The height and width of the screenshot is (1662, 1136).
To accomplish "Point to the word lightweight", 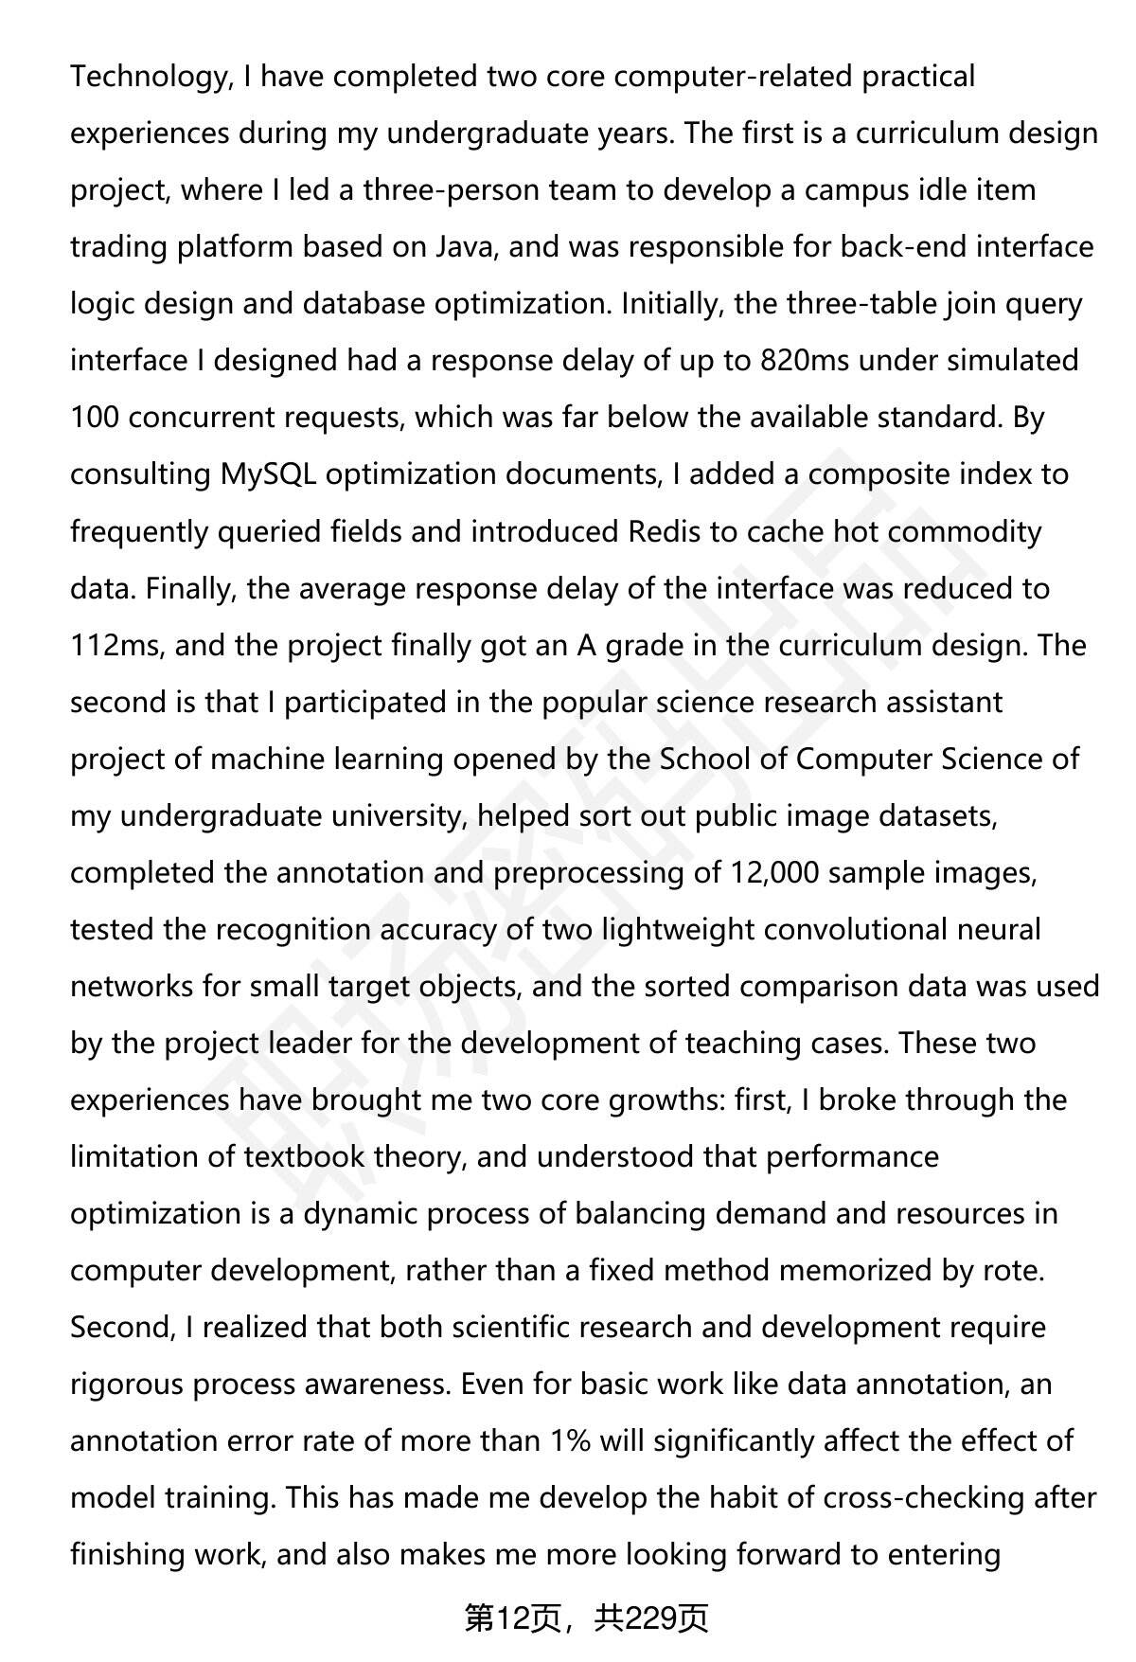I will pos(664,929).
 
